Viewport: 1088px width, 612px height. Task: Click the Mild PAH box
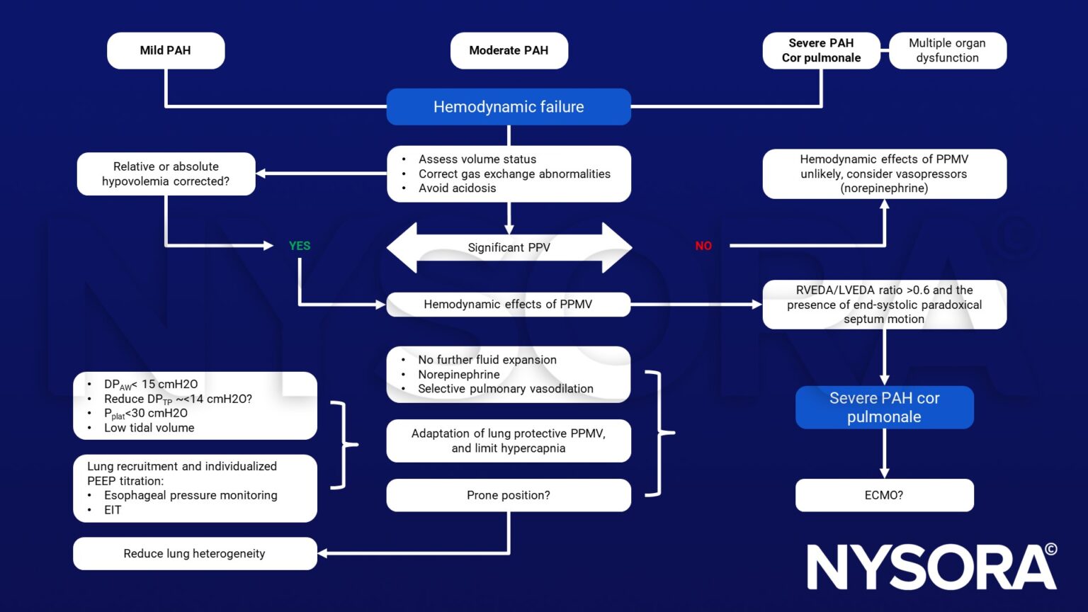point(166,50)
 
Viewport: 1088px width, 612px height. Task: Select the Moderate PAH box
point(509,50)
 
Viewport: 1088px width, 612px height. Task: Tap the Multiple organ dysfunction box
point(947,50)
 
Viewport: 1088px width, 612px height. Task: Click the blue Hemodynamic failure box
point(509,107)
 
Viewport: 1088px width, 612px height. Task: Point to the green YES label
point(300,246)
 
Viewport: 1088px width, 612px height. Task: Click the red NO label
point(703,246)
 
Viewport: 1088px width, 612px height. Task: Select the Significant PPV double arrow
point(509,248)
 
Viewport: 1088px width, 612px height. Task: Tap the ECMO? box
point(884,495)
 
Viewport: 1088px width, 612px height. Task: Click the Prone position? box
point(509,495)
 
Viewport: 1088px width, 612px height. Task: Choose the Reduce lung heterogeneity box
point(195,553)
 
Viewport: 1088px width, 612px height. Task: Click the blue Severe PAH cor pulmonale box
point(884,407)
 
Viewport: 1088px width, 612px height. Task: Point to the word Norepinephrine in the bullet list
point(459,375)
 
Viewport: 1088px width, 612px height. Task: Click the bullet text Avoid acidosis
point(457,188)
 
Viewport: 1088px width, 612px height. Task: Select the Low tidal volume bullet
point(149,428)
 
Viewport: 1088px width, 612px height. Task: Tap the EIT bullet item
point(113,510)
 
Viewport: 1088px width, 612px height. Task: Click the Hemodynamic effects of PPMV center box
point(508,305)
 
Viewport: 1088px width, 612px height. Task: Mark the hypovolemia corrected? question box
point(166,174)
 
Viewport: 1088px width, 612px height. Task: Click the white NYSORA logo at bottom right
point(931,567)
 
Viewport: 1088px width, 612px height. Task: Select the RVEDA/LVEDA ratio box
point(884,305)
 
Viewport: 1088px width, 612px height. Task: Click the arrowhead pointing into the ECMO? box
point(884,472)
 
